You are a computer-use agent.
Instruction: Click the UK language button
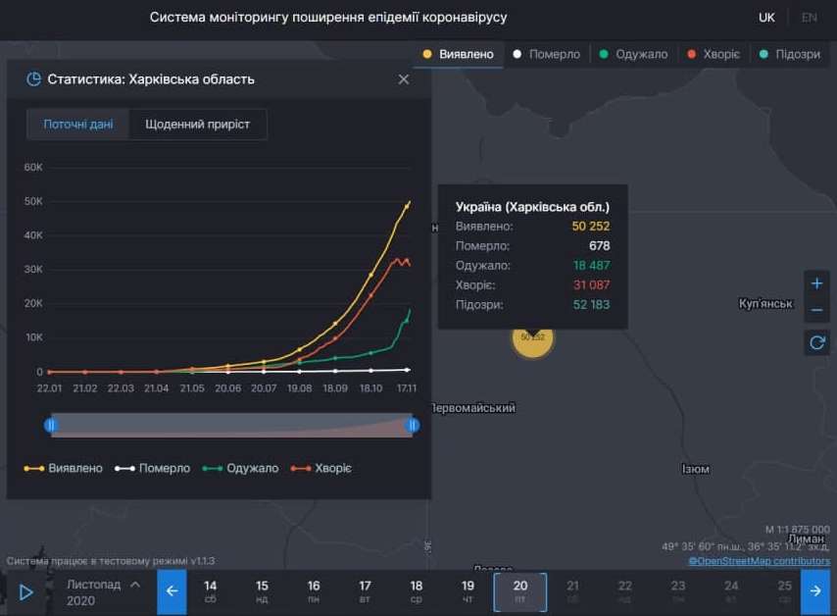click(x=766, y=18)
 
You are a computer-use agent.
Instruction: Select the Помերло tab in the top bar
click(x=547, y=55)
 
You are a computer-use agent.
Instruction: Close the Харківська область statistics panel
click(x=404, y=79)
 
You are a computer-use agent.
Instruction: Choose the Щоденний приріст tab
click(x=197, y=125)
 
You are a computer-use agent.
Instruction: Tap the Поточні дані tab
click(x=78, y=125)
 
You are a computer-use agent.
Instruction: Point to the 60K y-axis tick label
click(x=33, y=168)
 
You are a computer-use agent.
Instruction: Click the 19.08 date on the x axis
click(x=299, y=388)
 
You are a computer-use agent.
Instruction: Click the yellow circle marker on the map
click(x=532, y=337)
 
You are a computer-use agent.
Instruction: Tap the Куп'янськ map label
click(x=765, y=304)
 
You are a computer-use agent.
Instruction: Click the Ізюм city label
click(x=695, y=469)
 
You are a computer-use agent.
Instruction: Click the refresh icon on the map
click(x=816, y=342)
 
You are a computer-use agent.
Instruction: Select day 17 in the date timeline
click(x=365, y=590)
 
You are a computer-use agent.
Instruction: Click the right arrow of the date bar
click(x=815, y=591)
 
